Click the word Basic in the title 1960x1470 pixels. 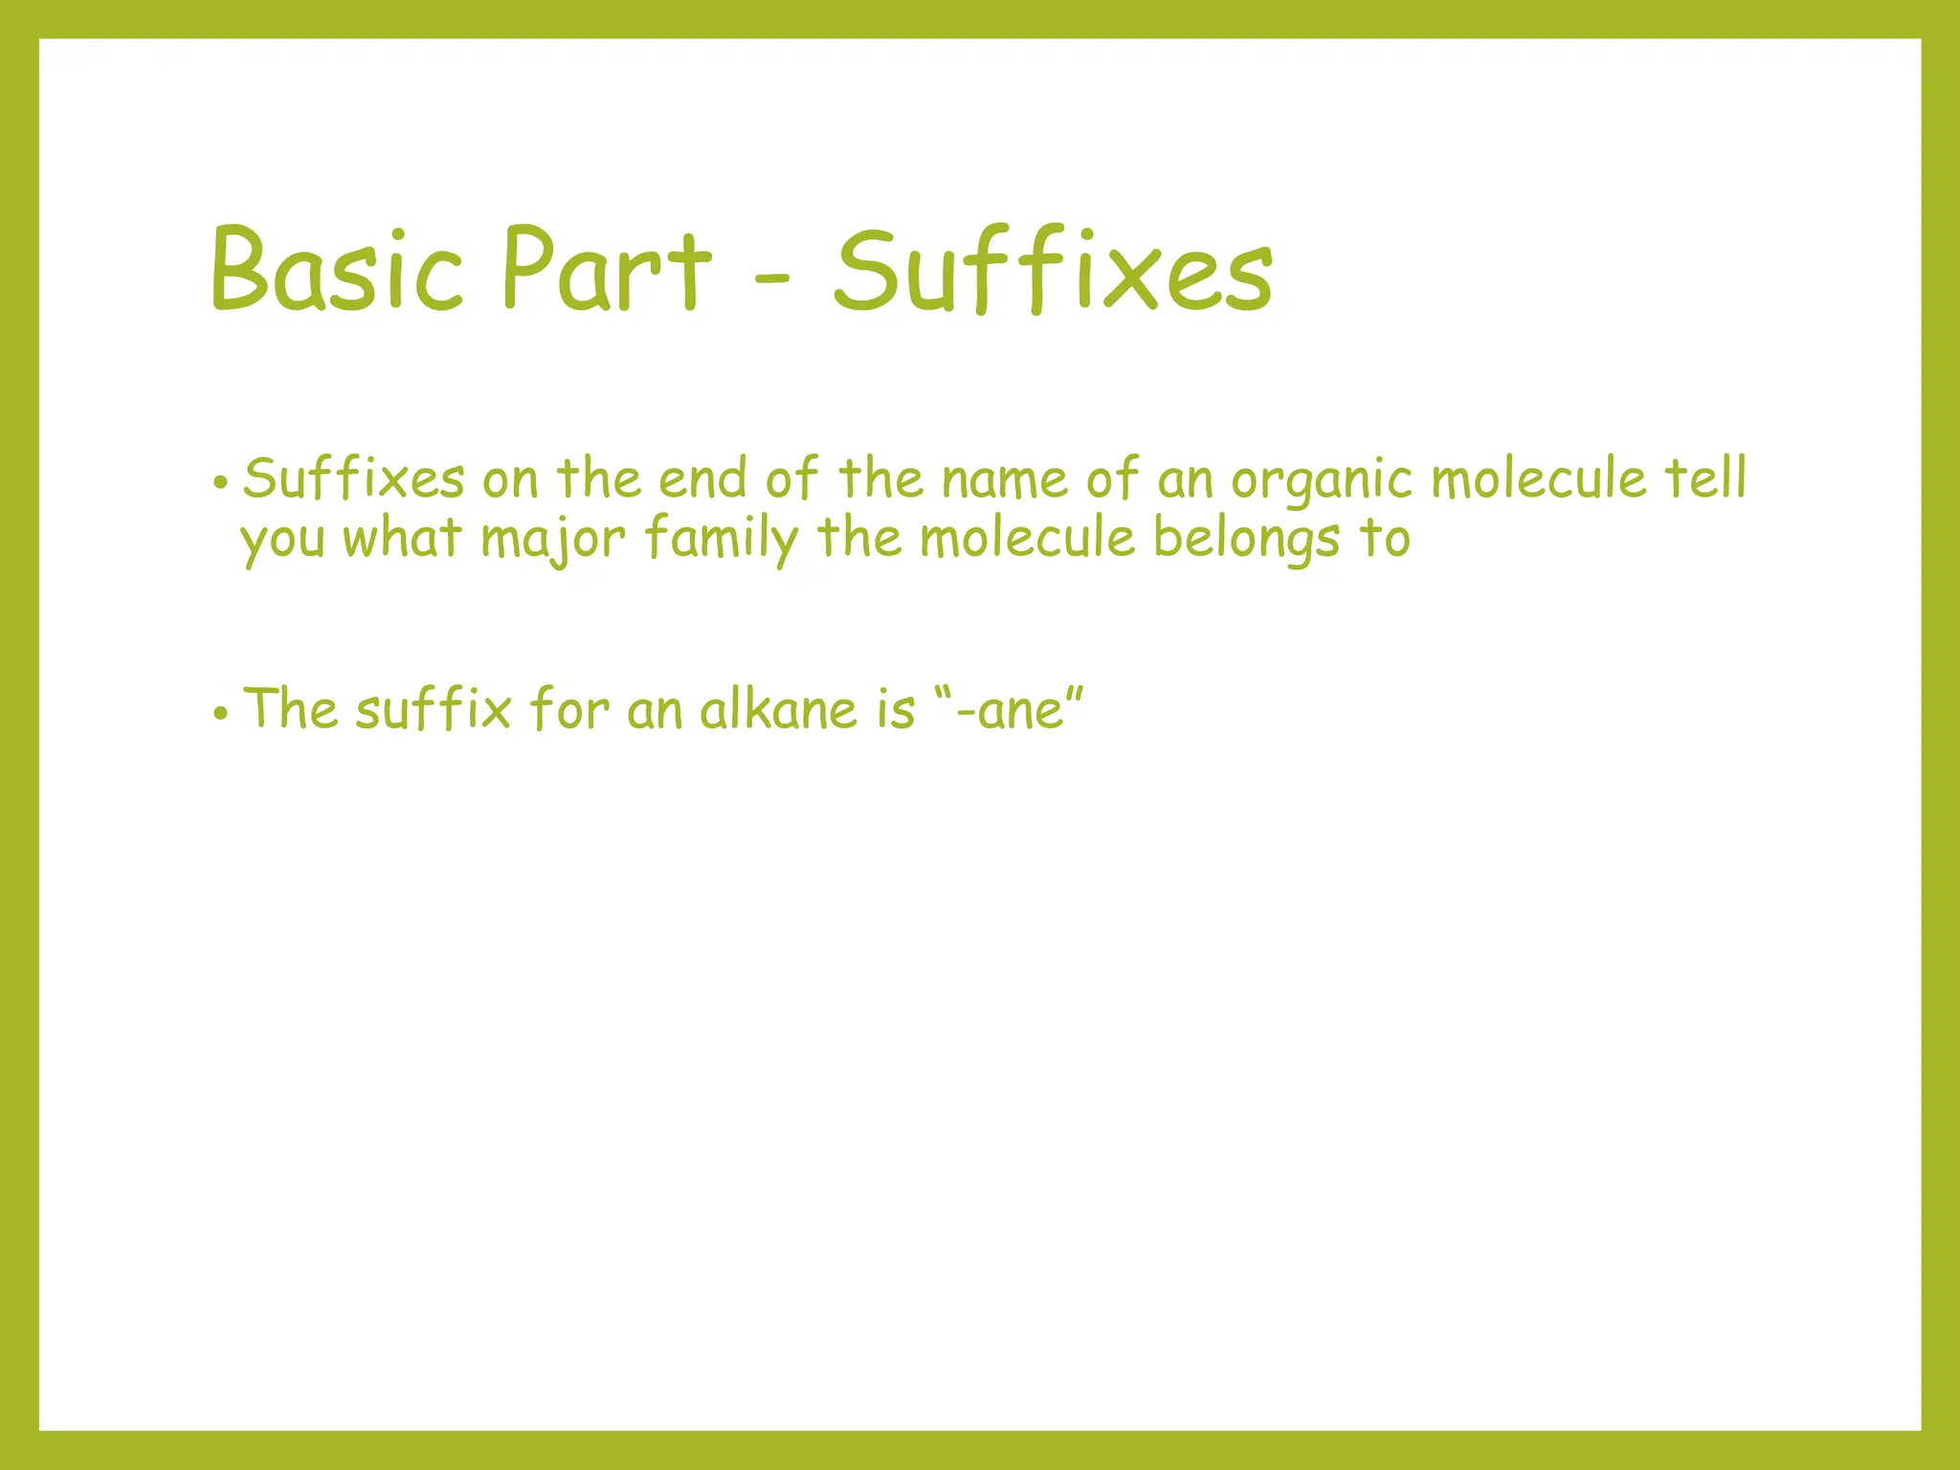click(337, 269)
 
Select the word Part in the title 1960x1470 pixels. click(607, 269)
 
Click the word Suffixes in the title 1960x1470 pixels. click(1053, 269)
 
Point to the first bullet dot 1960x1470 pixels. click(221, 482)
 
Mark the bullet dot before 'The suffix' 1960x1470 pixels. click(221, 713)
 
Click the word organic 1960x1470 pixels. click(1321, 480)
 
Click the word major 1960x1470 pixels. click(552, 539)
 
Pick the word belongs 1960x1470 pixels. click(1246, 539)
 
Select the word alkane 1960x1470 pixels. click(778, 710)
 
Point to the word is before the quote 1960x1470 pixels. click(896, 710)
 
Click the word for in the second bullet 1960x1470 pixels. click(570, 709)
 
